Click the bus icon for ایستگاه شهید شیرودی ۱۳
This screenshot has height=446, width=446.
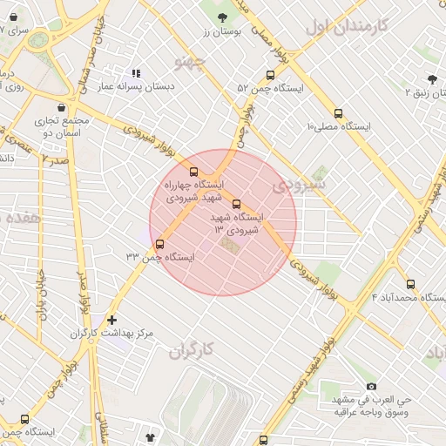[237, 204]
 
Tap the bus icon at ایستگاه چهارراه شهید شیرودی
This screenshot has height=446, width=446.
[193, 172]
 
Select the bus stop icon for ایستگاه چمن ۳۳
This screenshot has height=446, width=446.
[159, 244]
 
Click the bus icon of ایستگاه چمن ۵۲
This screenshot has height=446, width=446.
[270, 75]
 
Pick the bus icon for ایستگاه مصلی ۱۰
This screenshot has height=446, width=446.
[339, 113]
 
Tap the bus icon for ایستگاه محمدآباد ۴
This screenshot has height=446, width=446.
[411, 284]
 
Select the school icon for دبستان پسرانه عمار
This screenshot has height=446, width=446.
[135, 74]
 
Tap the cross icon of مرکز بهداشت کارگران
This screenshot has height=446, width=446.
[111, 320]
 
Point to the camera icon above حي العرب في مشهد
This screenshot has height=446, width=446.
[372, 386]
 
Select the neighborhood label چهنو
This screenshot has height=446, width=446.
[189, 62]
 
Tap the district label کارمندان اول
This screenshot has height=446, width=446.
[345, 26]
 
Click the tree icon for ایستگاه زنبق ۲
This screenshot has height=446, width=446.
[432, 79]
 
